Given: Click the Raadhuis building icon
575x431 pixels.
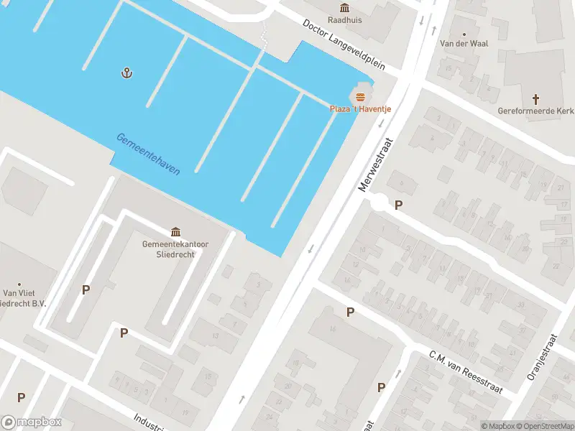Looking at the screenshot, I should pos(344,8).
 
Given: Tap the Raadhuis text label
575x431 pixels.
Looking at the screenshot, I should pos(344,21).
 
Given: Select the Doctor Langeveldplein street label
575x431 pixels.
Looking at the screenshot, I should pos(344,44).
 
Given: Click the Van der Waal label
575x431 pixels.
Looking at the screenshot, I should pos(464,44).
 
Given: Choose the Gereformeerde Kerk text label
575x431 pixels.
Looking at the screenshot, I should pos(535,111).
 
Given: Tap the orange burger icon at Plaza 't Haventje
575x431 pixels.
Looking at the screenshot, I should pos(360,97).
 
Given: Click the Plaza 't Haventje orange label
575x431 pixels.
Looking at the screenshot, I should pos(360,109).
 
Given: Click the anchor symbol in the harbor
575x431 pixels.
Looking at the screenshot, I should pos(127,73).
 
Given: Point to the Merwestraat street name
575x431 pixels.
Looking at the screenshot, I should pos(376,164).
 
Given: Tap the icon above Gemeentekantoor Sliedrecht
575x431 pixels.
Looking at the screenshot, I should pos(175,231).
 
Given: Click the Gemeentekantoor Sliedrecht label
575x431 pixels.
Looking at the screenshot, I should pos(175,249).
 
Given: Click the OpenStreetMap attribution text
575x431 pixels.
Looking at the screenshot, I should pos(547,426).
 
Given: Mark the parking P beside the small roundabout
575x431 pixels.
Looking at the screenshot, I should pos(398,205).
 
